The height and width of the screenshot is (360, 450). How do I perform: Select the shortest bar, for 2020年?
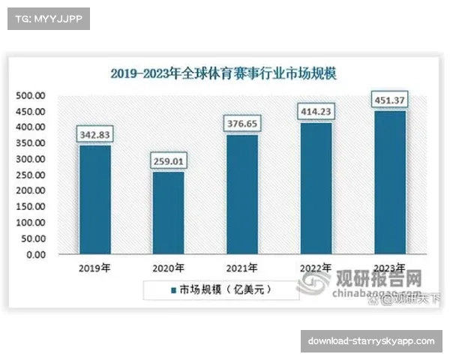point(168,214)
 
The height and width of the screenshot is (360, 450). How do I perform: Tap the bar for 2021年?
point(241,195)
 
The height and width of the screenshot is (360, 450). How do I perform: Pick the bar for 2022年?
point(316,189)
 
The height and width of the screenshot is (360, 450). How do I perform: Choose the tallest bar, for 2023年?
point(389,183)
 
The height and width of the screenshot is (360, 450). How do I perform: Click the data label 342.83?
point(94,133)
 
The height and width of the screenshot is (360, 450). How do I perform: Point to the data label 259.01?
point(168,160)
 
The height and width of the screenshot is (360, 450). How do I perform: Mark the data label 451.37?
point(389,99)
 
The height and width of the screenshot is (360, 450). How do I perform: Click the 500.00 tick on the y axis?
point(34,96)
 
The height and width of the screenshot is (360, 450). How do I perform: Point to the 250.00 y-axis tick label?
point(34,175)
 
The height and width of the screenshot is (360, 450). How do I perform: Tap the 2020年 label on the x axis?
point(168,268)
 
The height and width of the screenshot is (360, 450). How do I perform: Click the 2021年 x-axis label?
point(241,268)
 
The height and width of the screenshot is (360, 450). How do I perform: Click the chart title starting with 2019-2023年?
point(224,73)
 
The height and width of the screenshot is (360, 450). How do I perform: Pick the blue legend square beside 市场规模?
point(164,289)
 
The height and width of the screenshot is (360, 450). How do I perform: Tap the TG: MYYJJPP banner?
point(47,19)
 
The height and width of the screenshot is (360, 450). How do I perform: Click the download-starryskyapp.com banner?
point(371,341)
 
